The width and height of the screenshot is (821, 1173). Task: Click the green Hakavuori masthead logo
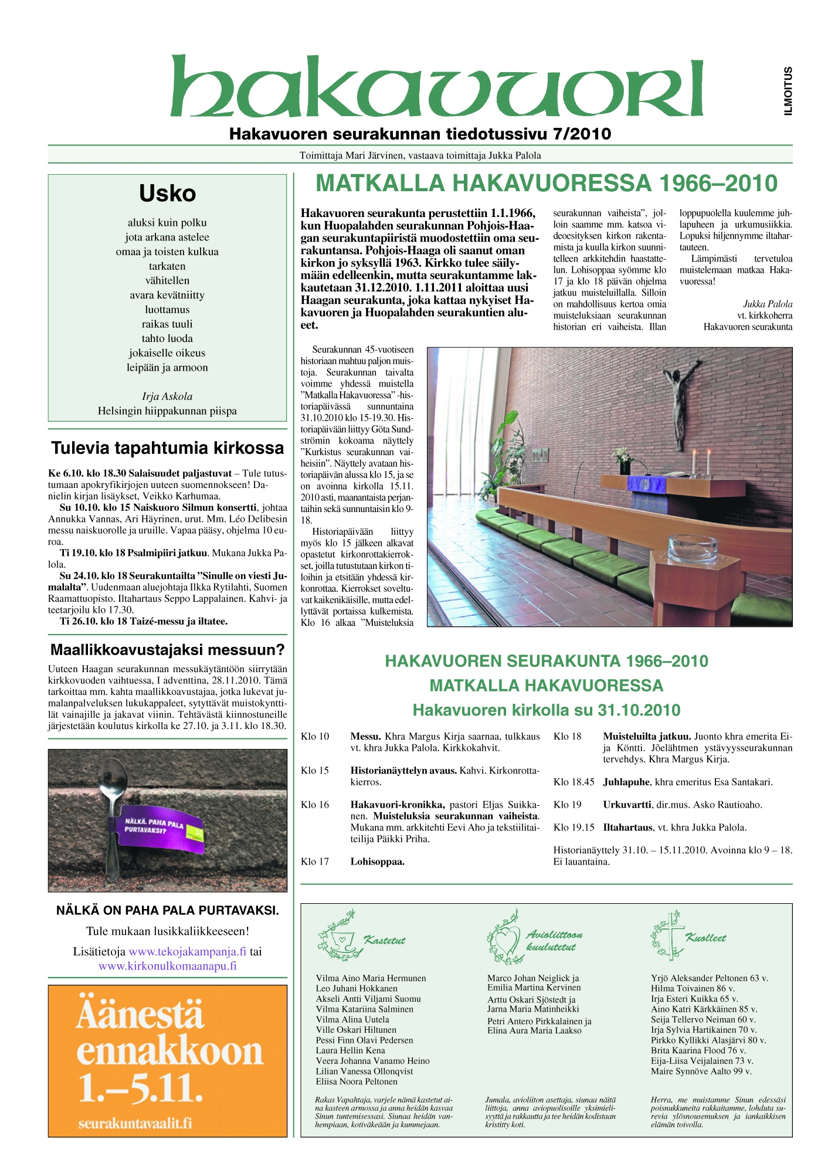click(437, 87)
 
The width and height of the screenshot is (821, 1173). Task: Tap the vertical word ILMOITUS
click(788, 91)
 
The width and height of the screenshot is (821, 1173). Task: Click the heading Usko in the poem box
click(167, 194)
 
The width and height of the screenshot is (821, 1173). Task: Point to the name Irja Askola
click(167, 396)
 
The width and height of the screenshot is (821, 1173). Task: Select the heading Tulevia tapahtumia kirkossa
click(168, 448)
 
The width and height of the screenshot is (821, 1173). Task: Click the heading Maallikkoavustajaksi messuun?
click(168, 650)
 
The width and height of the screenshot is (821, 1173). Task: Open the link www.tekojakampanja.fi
click(188, 951)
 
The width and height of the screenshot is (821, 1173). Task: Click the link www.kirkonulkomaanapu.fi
click(168, 966)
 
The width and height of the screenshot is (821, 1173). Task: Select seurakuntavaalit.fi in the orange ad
click(135, 1123)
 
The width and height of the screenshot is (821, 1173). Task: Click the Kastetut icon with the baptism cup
click(338, 937)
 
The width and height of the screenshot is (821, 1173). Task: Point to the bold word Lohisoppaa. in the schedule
click(378, 862)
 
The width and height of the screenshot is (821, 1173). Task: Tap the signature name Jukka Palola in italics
click(768, 304)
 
